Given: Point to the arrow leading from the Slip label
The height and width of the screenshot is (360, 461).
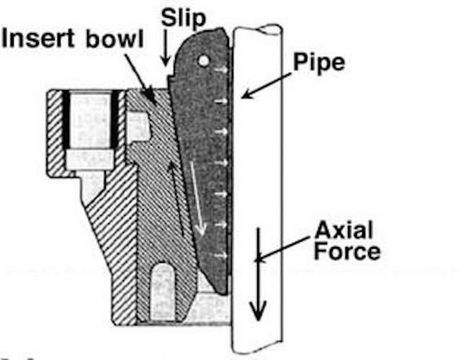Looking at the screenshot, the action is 166,50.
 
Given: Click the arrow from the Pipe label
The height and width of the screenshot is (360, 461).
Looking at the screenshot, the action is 268,84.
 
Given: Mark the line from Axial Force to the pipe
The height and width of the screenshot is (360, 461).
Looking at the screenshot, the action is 288,248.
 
